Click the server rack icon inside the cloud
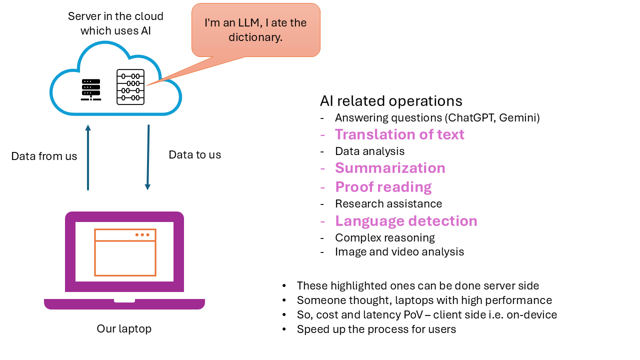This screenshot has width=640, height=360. [90, 89]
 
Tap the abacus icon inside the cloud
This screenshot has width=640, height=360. [130, 87]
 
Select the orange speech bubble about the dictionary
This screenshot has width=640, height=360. [255, 30]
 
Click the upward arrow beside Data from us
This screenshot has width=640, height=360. [88, 157]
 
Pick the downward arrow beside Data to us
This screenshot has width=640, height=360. [148, 157]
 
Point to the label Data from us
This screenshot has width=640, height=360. [44, 156]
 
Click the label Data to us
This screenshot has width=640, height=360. [194, 155]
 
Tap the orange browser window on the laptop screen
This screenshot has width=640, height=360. [125, 252]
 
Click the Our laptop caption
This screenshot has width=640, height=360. [124, 329]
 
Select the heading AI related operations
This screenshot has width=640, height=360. [391, 101]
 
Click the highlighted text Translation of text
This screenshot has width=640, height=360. [399, 134]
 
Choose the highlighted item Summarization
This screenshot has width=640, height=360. [390, 168]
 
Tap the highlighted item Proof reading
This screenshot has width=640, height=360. [383, 187]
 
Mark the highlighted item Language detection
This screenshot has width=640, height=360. [406, 221]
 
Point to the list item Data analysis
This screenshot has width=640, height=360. [369, 151]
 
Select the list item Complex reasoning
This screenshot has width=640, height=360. [385, 237]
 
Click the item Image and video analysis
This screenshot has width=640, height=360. [399, 252]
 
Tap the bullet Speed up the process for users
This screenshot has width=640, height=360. [376, 329]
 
